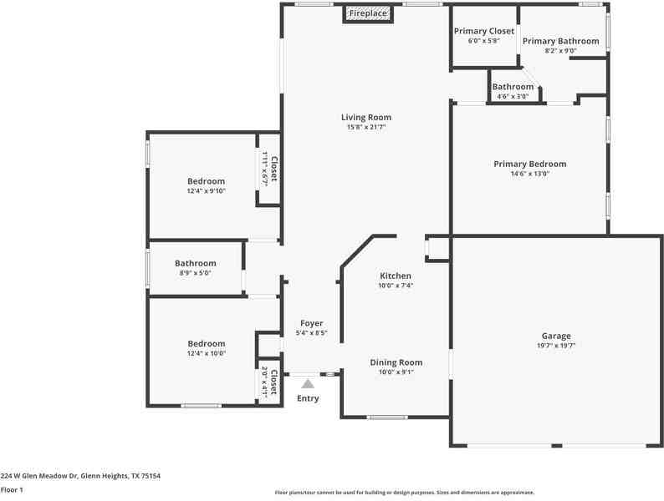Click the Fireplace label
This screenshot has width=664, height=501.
[x=368, y=14]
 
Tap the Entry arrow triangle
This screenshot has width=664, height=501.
[x=308, y=383]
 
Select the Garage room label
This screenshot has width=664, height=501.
[x=555, y=336]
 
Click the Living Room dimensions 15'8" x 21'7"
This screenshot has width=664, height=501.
[x=365, y=127]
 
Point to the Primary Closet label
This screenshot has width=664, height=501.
[x=484, y=31]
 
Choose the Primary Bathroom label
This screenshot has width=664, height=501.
[x=560, y=41]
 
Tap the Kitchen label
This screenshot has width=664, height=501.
[x=396, y=276]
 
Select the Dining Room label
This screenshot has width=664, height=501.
[x=396, y=362]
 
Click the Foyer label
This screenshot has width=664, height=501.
[x=311, y=323]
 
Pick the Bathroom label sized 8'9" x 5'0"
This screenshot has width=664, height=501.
[x=195, y=263]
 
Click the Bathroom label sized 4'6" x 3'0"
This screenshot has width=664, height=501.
[x=513, y=87]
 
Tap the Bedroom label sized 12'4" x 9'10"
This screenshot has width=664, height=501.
[x=206, y=181]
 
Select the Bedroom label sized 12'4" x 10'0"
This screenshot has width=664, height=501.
[x=206, y=343]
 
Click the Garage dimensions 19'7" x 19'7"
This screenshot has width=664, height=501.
[x=555, y=346]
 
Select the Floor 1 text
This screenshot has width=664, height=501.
[x=12, y=490]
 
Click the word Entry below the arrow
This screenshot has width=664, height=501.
[x=308, y=398]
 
